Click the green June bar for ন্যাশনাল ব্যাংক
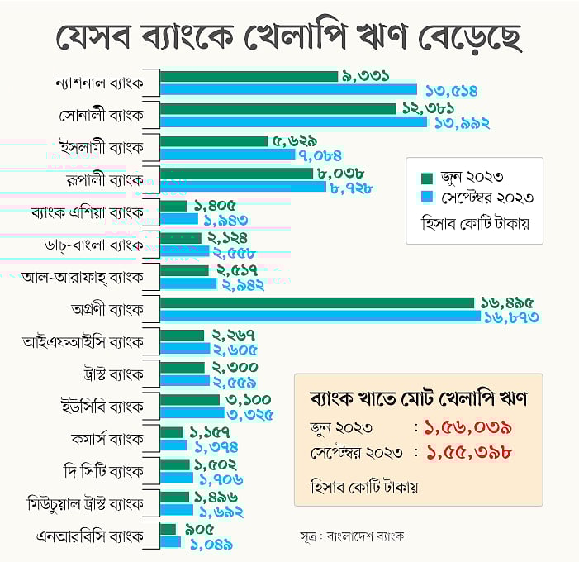click(249, 76)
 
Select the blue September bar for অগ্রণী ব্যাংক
click(320, 316)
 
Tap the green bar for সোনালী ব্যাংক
click(278, 108)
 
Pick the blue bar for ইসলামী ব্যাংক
click(227, 154)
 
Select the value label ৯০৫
click(199, 529)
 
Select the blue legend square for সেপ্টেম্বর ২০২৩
click(427, 198)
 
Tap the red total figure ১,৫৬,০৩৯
click(467, 428)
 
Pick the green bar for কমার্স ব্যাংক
click(171, 432)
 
